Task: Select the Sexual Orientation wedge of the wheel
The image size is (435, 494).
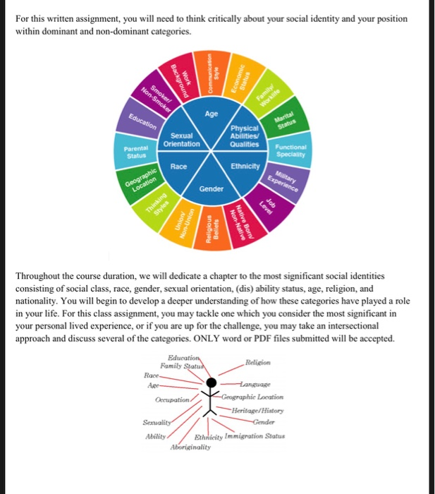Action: pyautogui.click(x=183, y=140)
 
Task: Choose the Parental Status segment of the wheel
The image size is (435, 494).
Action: pyautogui.click(x=133, y=150)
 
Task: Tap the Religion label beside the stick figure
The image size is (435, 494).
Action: pyautogui.click(x=259, y=363)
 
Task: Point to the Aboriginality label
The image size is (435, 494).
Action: pyautogui.click(x=191, y=447)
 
